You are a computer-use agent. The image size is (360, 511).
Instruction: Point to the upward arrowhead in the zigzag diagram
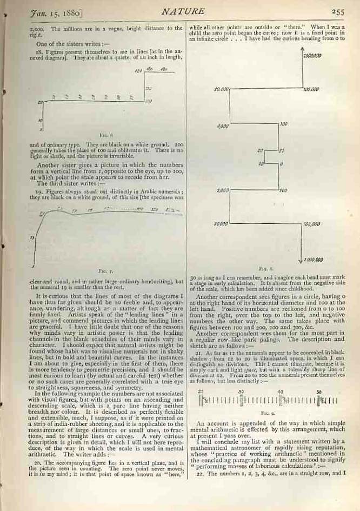click(x=301, y=50)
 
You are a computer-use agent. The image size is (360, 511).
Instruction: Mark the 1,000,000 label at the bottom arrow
click(x=313, y=259)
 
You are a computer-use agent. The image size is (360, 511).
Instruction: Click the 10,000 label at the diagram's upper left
click(x=222, y=89)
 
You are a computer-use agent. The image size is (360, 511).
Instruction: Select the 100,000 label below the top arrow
click(x=311, y=89)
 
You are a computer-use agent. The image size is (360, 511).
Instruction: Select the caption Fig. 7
click(x=106, y=270)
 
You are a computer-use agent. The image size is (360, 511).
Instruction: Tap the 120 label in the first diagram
click(x=138, y=71)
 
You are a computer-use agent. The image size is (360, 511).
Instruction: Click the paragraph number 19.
click(x=38, y=191)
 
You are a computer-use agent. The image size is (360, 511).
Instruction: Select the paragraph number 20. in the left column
click(x=38, y=463)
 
